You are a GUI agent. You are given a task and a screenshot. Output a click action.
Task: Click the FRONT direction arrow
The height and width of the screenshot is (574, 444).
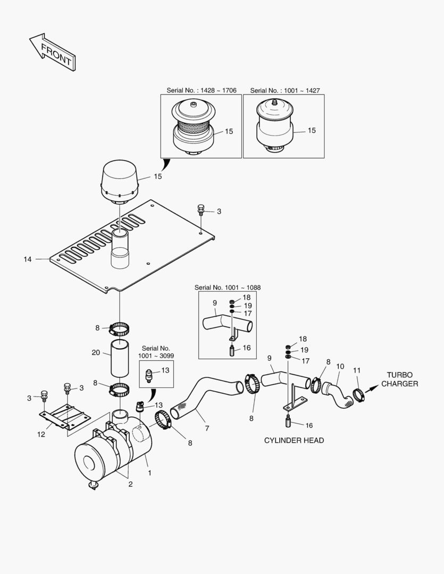point(52,52)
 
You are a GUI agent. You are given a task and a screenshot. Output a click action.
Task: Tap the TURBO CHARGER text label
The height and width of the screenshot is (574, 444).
point(400,379)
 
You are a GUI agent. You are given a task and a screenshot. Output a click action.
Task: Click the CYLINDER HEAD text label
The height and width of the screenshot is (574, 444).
point(294,441)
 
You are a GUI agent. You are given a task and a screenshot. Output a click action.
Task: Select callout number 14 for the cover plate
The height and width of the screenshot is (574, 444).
point(28,259)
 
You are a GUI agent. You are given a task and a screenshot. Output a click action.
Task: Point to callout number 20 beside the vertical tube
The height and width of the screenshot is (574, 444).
point(96,352)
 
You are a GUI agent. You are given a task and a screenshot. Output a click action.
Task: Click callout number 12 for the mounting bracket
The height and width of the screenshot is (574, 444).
point(41,434)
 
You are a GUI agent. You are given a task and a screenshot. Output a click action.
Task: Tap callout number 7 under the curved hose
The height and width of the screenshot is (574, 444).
point(207,428)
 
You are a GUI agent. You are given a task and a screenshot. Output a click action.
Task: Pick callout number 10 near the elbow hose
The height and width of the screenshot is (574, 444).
point(340,366)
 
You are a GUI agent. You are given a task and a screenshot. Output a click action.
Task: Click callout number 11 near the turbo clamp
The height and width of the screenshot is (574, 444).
point(357,370)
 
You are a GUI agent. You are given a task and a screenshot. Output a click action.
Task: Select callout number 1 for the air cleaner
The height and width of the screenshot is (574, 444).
point(149,472)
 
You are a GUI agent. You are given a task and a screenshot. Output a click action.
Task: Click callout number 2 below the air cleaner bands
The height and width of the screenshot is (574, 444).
point(130,484)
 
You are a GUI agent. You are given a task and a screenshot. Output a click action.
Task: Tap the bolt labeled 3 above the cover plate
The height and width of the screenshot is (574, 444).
point(201,210)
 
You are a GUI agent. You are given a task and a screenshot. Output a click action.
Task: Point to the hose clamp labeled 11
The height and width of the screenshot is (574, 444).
point(358,395)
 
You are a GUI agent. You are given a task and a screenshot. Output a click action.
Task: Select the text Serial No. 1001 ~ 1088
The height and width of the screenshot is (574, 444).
point(228,288)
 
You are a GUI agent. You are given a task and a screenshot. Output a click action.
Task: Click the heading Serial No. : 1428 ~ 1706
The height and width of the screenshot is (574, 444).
point(202,90)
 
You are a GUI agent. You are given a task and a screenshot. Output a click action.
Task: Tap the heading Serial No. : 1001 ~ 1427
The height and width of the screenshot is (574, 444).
point(285,90)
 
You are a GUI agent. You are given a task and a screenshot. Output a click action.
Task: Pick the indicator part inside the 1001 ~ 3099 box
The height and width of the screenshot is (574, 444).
point(149,375)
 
